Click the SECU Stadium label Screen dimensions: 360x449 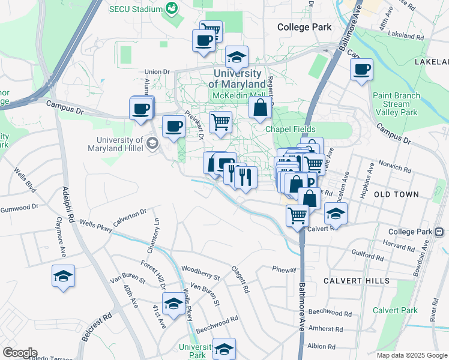pyautogui.click(x=136, y=9)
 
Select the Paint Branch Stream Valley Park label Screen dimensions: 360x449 pyautogui.click(x=394, y=104)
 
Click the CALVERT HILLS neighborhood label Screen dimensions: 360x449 pyautogui.click(x=357, y=281)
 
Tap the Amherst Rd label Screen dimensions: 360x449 pyautogui.click(x=327, y=329)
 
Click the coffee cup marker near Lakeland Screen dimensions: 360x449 pyautogui.click(x=362, y=70)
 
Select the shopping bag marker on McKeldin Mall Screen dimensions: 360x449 pyautogui.click(x=261, y=109)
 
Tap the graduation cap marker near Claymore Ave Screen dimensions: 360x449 pyautogui.click(x=63, y=277)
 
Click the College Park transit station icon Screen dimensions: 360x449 pyautogui.click(x=439, y=232)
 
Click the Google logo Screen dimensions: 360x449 pyautogui.click(x=19, y=353)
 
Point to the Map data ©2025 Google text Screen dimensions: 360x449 pyautogui.click(x=412, y=355)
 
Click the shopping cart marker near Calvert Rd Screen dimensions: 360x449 pyautogui.click(x=297, y=215)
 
